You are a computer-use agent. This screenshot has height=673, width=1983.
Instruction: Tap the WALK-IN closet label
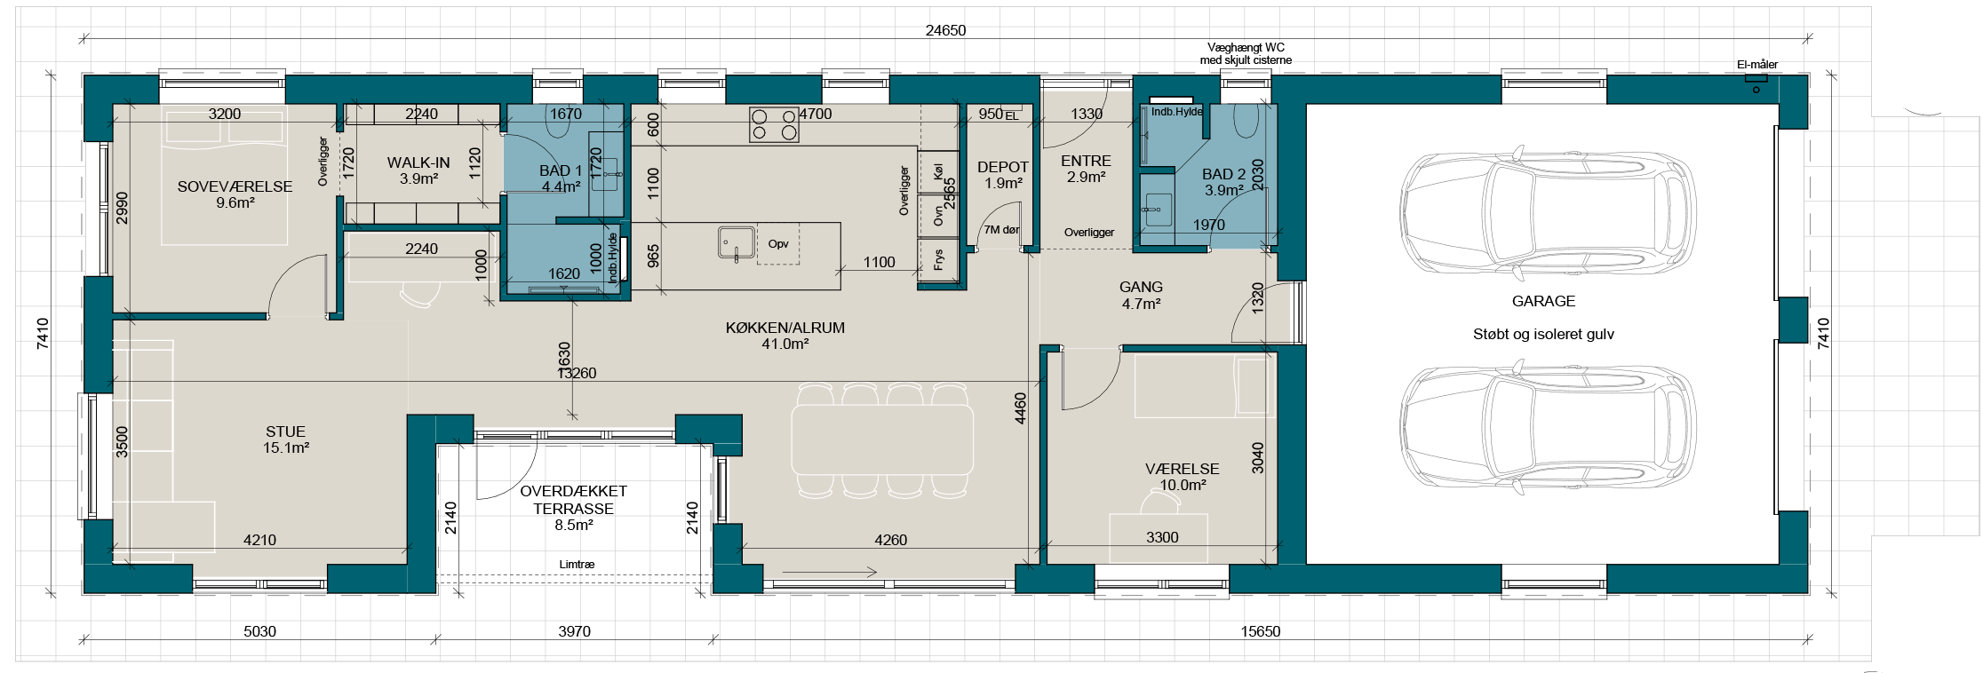click(x=418, y=162)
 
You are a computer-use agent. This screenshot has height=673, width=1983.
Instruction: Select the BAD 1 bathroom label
click(x=561, y=170)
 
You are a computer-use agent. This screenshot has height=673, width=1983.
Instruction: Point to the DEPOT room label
click(x=1002, y=167)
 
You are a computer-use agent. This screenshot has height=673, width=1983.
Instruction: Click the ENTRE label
click(x=1086, y=161)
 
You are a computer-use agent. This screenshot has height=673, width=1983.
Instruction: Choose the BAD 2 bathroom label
click(x=1223, y=174)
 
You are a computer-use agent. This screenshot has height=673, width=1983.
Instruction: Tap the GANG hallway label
click(x=1141, y=287)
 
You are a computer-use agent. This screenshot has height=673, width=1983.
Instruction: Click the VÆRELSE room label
click(x=1182, y=469)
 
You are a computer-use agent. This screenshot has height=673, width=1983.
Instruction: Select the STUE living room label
click(x=285, y=432)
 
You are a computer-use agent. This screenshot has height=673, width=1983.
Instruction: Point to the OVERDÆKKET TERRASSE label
click(x=573, y=500)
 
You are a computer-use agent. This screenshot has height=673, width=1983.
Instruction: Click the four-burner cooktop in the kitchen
click(x=774, y=124)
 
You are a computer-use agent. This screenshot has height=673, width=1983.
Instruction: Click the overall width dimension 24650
click(x=945, y=30)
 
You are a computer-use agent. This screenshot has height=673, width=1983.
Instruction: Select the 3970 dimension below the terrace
click(x=574, y=631)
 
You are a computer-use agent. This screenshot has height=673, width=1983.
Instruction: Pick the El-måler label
click(x=1757, y=65)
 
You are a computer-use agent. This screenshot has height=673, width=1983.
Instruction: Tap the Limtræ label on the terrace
click(x=577, y=564)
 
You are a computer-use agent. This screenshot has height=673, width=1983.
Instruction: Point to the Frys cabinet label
click(x=938, y=260)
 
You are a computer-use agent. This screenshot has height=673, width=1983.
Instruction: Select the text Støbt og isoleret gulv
click(x=1543, y=335)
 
